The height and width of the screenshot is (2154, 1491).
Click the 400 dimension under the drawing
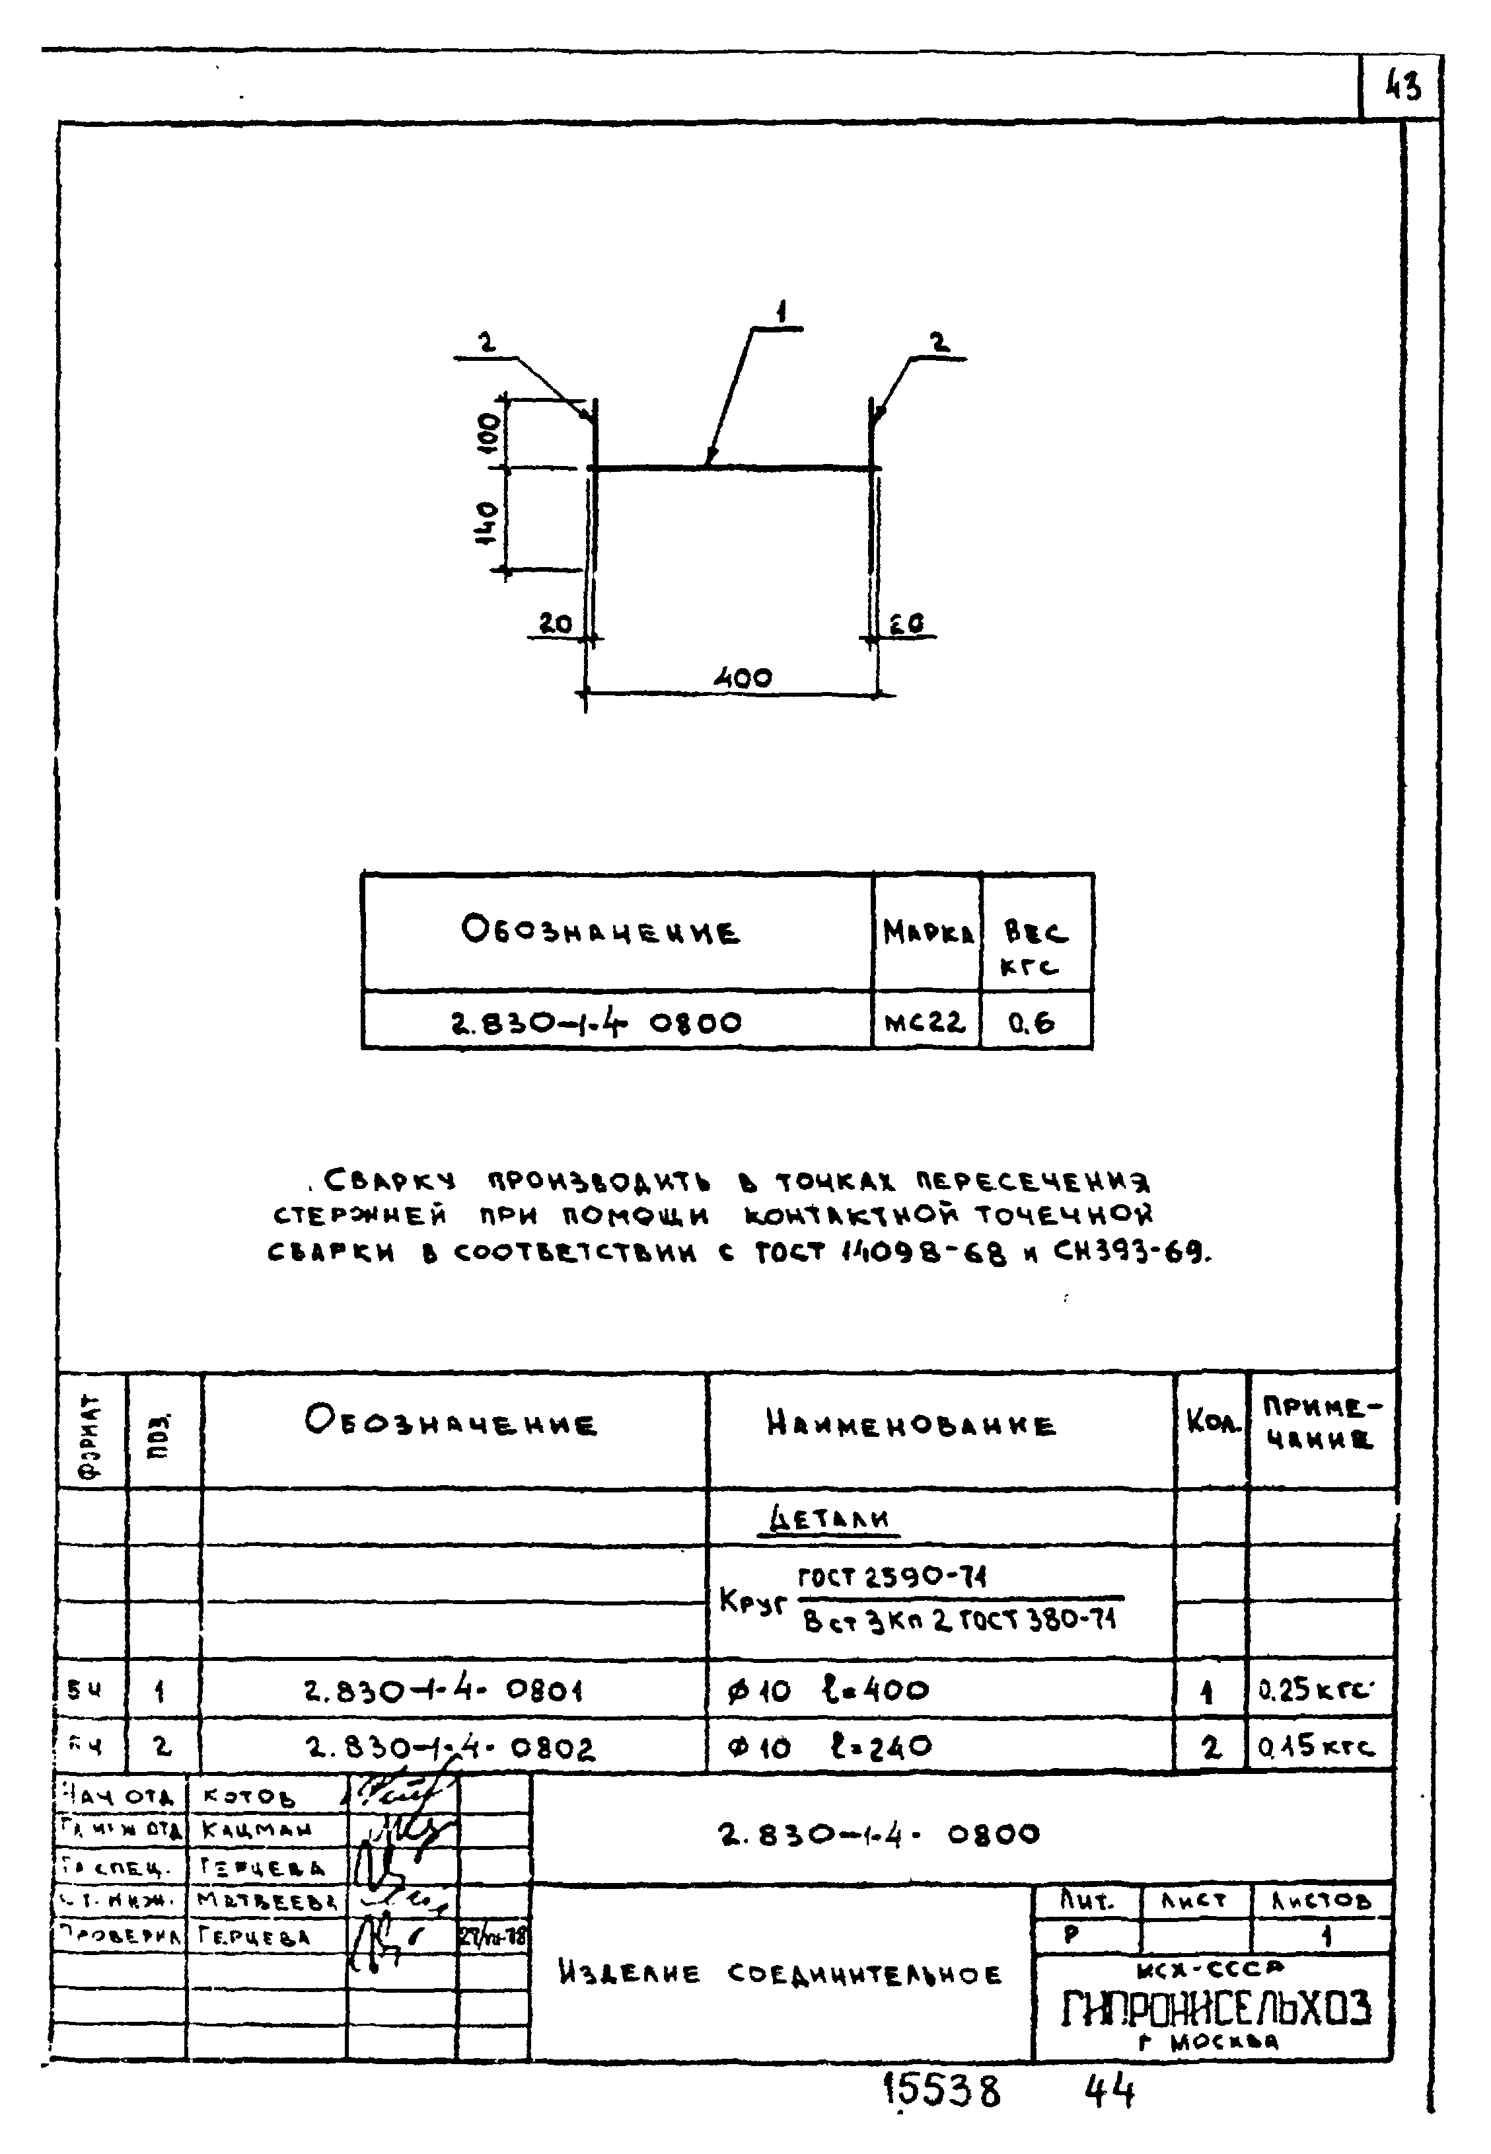pos(743,677)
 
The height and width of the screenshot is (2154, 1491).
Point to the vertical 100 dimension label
pos(488,433)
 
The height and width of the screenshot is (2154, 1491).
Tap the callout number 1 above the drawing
pos(781,312)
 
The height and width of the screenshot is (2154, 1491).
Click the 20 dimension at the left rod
pos(556,623)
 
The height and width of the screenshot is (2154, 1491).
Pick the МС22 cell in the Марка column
pos(925,1022)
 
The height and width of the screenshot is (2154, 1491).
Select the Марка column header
pos(927,933)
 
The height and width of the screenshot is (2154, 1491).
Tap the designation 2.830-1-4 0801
pos(444,1689)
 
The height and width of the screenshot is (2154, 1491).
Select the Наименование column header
pos(911,1425)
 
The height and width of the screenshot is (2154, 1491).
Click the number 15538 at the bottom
pos(941,2091)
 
